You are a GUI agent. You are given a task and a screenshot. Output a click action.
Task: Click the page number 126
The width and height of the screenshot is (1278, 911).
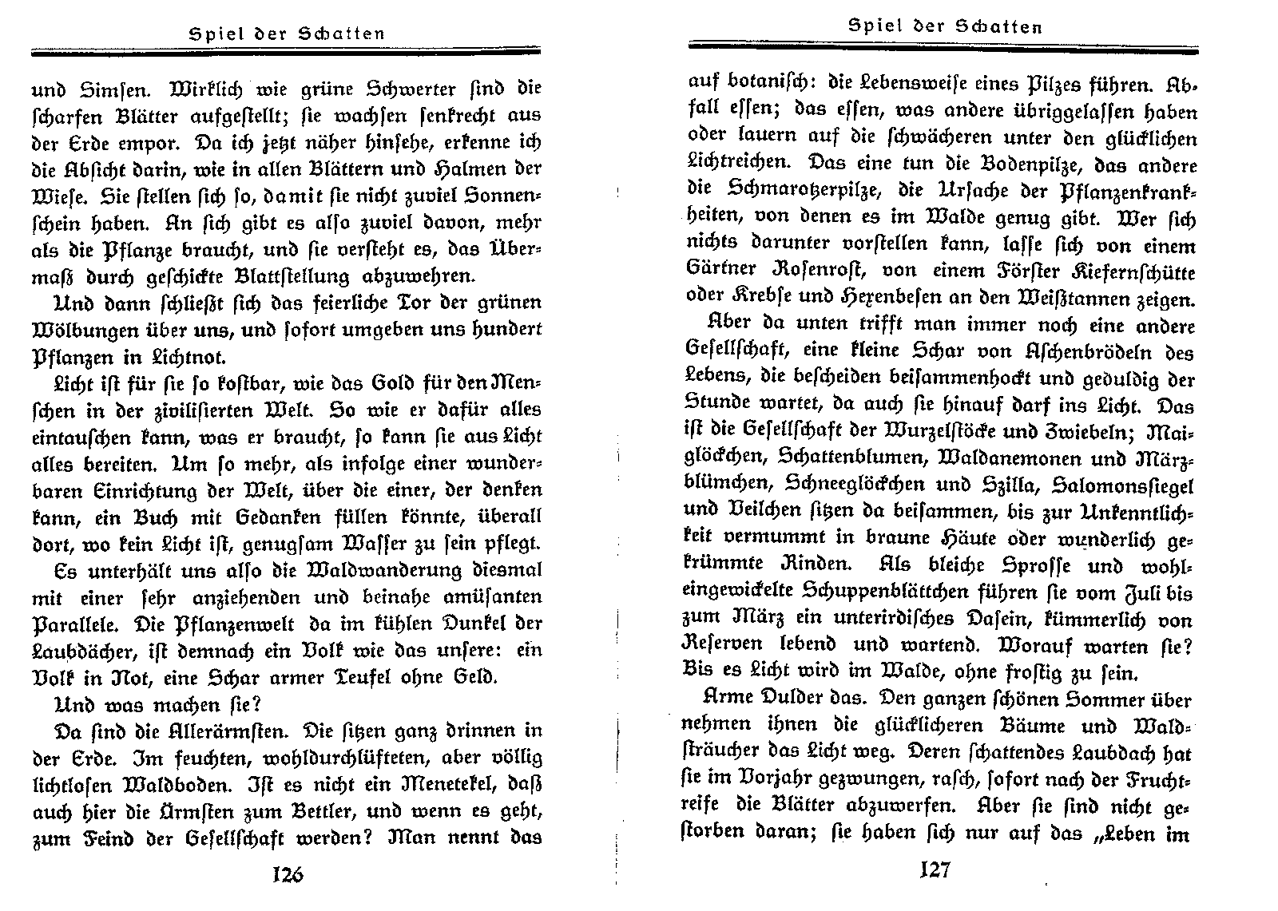click(288, 874)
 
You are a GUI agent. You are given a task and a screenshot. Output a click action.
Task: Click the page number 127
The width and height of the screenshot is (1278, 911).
click(935, 869)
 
